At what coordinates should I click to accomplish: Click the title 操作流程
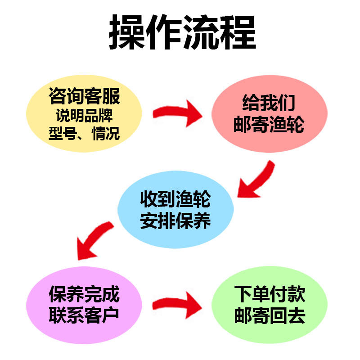coord(183,32)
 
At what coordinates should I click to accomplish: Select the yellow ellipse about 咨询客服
coord(84,113)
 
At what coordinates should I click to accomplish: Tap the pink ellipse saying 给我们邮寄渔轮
coord(269,114)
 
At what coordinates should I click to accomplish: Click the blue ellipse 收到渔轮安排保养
coord(175,209)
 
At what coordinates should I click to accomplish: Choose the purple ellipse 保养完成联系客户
coord(84,305)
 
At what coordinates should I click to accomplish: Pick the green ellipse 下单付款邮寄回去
coord(269,305)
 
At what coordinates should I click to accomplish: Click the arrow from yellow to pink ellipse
coord(177,112)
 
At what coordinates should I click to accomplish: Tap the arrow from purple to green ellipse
coord(177,305)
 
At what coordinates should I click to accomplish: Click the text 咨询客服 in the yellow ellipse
coord(84,96)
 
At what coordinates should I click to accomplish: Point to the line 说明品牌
coord(84,116)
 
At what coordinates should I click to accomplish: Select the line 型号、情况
coord(84,133)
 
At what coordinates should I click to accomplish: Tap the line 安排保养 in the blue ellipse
coord(175,220)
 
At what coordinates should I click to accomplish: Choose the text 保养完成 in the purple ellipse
coord(84,294)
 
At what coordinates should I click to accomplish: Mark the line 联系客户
coord(84,315)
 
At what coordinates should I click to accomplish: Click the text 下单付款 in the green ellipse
coord(270,294)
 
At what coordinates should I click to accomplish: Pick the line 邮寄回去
coord(270,315)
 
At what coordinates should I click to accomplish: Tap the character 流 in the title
coord(201,32)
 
